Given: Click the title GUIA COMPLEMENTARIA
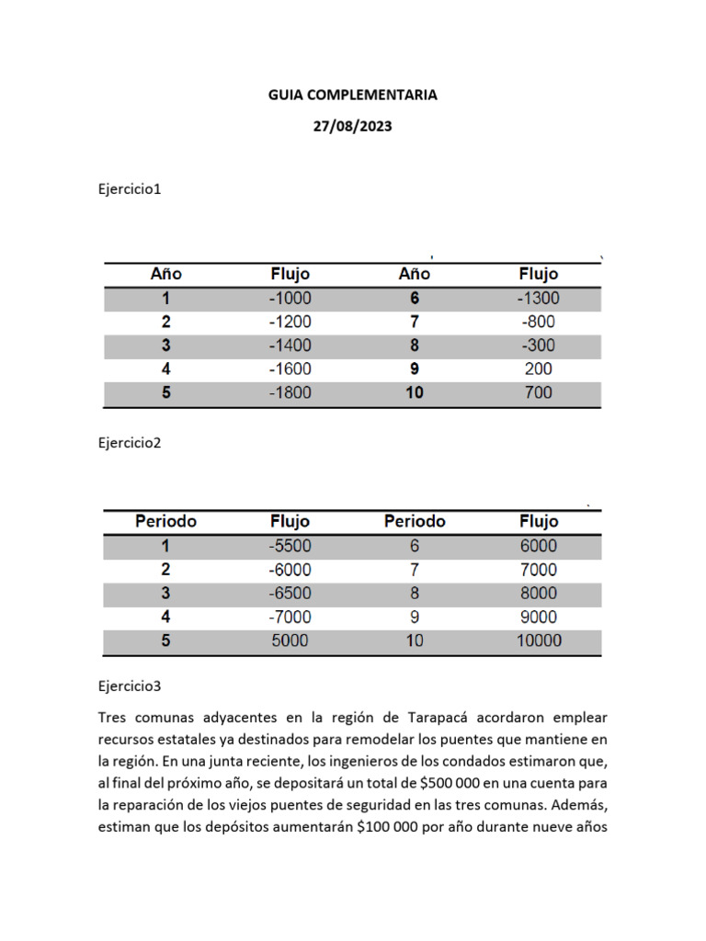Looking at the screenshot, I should pyautogui.click(x=353, y=95).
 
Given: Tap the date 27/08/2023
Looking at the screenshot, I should pyautogui.click(x=353, y=127).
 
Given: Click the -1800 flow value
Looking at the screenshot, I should pyautogui.click(x=290, y=392).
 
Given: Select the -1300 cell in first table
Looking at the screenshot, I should pyautogui.click(x=538, y=298).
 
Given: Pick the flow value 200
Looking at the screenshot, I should pyautogui.click(x=538, y=368).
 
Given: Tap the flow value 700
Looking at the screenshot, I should pyautogui.click(x=538, y=392).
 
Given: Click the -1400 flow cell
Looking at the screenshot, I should pyautogui.click(x=290, y=346).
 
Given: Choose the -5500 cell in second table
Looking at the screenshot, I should pyautogui.click(x=290, y=546).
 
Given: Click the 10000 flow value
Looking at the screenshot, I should pyautogui.click(x=538, y=641).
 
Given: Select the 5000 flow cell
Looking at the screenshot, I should pyautogui.click(x=290, y=641).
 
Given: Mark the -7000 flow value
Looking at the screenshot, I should pyautogui.click(x=290, y=617).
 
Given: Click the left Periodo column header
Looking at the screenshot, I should pyautogui.click(x=165, y=521).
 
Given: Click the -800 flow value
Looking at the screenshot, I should pyautogui.click(x=538, y=322).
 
